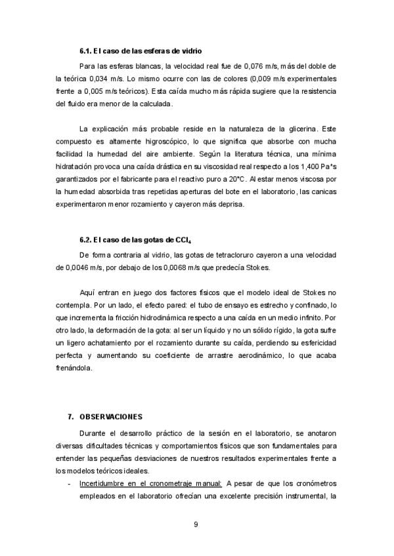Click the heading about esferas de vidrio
tap(140, 50)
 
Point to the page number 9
tap(196, 524)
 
